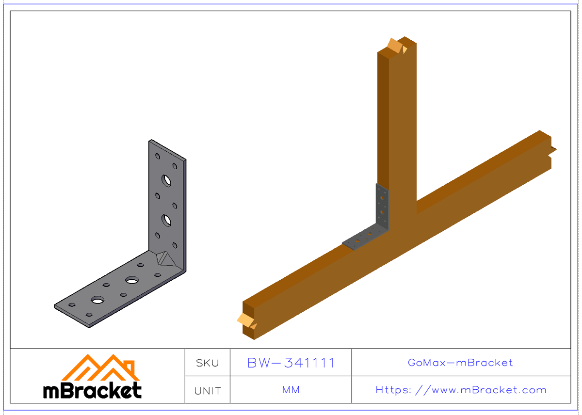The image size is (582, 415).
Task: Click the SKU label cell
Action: coord(207,363)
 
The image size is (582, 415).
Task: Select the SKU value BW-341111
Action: coord(291,363)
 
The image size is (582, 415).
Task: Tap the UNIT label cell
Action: coord(207,390)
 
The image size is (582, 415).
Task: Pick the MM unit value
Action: coord(291,390)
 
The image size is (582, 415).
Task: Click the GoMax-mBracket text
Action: coord(460,363)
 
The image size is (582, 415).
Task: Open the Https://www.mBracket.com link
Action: coord(460,390)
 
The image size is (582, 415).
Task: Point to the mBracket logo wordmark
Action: coord(93,390)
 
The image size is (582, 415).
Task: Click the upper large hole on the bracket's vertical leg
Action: coord(167,180)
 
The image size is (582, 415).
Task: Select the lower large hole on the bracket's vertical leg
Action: coord(167,220)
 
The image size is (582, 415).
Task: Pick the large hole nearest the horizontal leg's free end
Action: coord(97,300)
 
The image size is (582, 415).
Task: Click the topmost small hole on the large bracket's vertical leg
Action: coord(158,156)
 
